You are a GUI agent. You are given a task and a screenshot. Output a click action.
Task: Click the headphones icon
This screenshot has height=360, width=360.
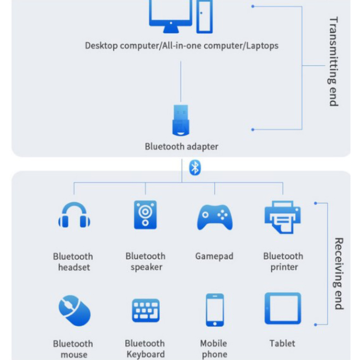coord(74,215)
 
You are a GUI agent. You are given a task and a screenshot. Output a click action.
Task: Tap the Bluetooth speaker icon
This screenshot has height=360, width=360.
coord(145,214)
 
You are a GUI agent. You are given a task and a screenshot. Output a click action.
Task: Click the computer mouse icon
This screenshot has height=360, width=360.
coord(74,310)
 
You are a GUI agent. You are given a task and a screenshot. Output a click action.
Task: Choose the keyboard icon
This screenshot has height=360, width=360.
coord(145,310)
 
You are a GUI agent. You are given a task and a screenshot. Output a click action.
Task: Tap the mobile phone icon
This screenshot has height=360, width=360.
coord(215,310)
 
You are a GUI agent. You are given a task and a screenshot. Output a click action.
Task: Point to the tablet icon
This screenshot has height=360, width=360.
coord(283,309)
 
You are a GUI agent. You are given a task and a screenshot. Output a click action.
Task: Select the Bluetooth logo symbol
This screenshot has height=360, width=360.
coord(194,167)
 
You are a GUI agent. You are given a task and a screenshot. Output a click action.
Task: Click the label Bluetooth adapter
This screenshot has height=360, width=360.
coord(181,147)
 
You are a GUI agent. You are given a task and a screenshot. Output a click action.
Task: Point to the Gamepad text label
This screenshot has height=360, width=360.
coord(214,256)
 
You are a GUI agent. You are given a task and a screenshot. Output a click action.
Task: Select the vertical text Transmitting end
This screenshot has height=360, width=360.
coord(333,62)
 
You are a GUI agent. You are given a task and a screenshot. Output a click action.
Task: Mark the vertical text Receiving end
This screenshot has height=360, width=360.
coord(339,274)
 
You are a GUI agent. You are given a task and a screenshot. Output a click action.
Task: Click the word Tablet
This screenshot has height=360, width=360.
coord(283,343)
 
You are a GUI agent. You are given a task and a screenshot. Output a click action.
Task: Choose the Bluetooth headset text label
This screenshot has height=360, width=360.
coord(73,262)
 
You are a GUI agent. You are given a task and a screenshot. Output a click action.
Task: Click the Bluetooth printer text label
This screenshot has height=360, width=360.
coord(283,262)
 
